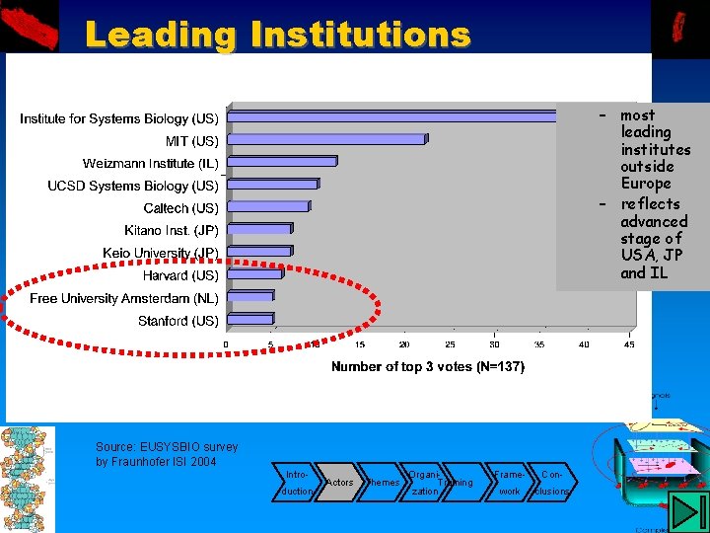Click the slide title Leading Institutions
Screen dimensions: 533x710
point(277,35)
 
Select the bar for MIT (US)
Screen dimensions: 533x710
point(326,140)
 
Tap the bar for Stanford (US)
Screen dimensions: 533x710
point(250,320)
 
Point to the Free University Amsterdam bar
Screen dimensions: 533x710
point(250,297)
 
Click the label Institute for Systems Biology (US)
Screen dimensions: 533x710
point(119,118)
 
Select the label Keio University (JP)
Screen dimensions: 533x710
point(161,253)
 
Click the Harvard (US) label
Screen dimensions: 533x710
point(180,275)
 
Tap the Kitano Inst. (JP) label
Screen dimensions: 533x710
point(172,230)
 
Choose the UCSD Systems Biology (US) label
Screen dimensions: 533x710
point(133,186)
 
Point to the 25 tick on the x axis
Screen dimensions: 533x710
point(450,344)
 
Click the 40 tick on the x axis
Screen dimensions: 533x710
point(584,344)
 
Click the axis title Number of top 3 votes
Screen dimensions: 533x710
point(428,366)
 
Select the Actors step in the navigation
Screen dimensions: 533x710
point(339,482)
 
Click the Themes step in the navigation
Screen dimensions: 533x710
point(382,482)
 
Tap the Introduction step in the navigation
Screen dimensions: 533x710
point(297,482)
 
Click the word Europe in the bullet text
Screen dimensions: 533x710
point(646,184)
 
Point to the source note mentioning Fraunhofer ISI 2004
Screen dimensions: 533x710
point(166,455)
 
